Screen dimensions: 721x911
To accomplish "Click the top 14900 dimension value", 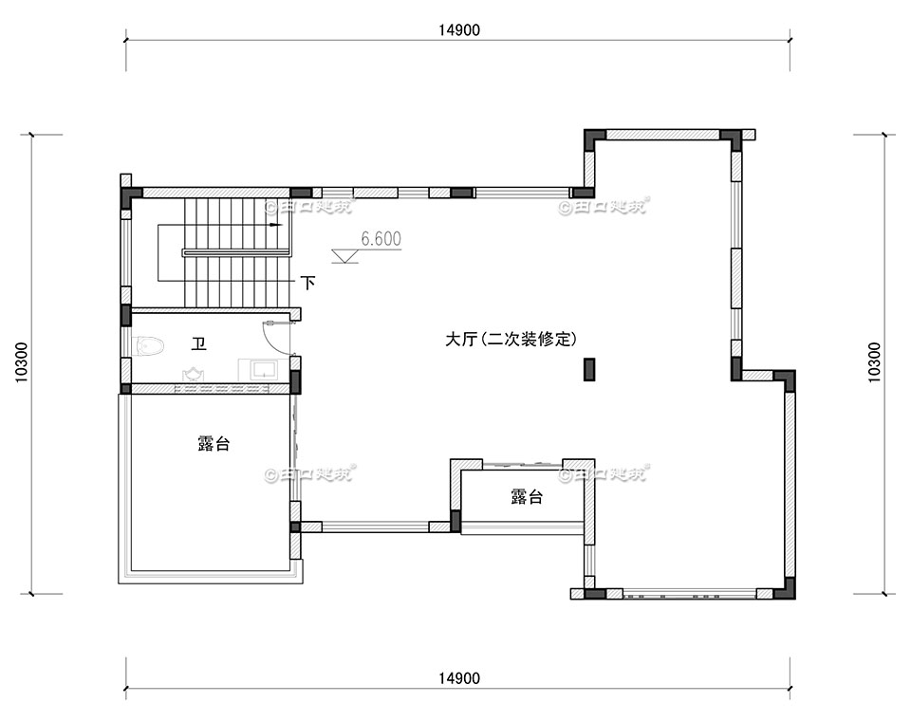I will [459, 29].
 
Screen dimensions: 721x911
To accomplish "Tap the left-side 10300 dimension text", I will [21, 362].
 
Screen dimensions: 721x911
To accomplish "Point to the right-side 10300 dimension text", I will [873, 362].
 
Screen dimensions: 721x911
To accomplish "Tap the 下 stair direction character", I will [307, 282].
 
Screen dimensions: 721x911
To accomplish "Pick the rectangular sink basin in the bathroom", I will [262, 368].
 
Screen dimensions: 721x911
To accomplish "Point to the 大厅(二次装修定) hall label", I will [511, 339].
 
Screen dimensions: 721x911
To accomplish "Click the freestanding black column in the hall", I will [588, 369].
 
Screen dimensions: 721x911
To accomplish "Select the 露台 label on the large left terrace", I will [213, 443].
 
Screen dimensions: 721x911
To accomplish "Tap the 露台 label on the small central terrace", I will [526, 496].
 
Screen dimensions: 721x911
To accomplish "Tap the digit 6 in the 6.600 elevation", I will [365, 239].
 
